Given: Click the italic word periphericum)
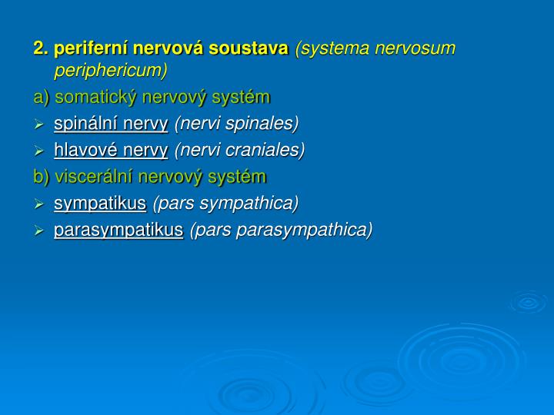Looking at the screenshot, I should pos(110,71).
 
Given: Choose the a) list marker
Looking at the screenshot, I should pos(41,98).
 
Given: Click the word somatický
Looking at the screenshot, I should pos(98,98).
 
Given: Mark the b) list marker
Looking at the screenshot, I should pos(41,177).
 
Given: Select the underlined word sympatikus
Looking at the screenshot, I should pos(99,203).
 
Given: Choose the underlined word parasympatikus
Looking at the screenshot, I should pos(118,230).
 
